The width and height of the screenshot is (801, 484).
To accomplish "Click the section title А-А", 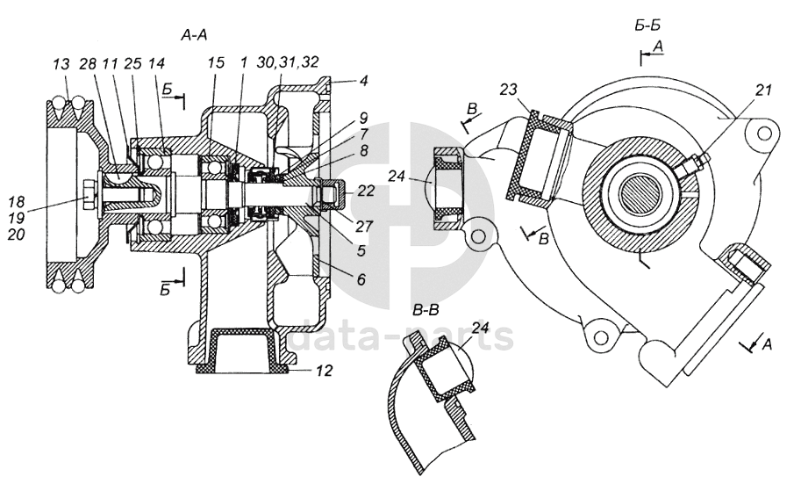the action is [x=194, y=35].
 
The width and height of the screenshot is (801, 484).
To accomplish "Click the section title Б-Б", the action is [x=648, y=25].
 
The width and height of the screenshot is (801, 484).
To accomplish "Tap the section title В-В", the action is [x=426, y=310].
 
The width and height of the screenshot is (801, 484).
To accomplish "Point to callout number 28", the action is [x=88, y=63].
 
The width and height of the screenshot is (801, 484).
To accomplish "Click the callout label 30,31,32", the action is [x=288, y=62].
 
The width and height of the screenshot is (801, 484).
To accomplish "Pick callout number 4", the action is [x=362, y=80].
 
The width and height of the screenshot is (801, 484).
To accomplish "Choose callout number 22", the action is [x=367, y=191].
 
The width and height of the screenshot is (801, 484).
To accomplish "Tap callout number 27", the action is [x=365, y=226].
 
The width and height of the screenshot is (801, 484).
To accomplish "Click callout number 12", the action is [x=324, y=370].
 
